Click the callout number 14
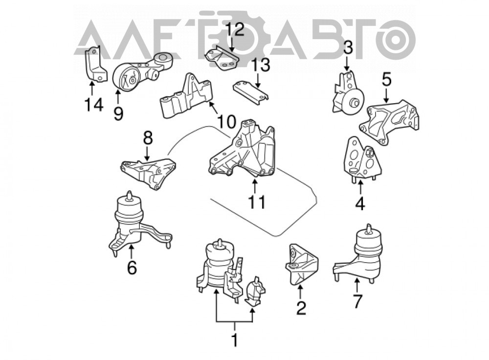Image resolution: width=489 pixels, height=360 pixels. click(93, 105)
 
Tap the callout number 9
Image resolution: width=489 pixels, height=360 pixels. click(118, 113)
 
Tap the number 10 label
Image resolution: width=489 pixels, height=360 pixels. click(226, 121)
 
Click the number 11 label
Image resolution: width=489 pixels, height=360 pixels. click(257, 202)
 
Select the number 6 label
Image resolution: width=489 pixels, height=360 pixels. click(132, 267)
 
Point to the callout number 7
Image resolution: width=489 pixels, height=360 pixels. click(357, 301)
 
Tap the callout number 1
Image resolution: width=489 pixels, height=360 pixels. click(235, 340)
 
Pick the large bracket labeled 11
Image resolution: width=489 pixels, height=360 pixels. click(242, 150)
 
